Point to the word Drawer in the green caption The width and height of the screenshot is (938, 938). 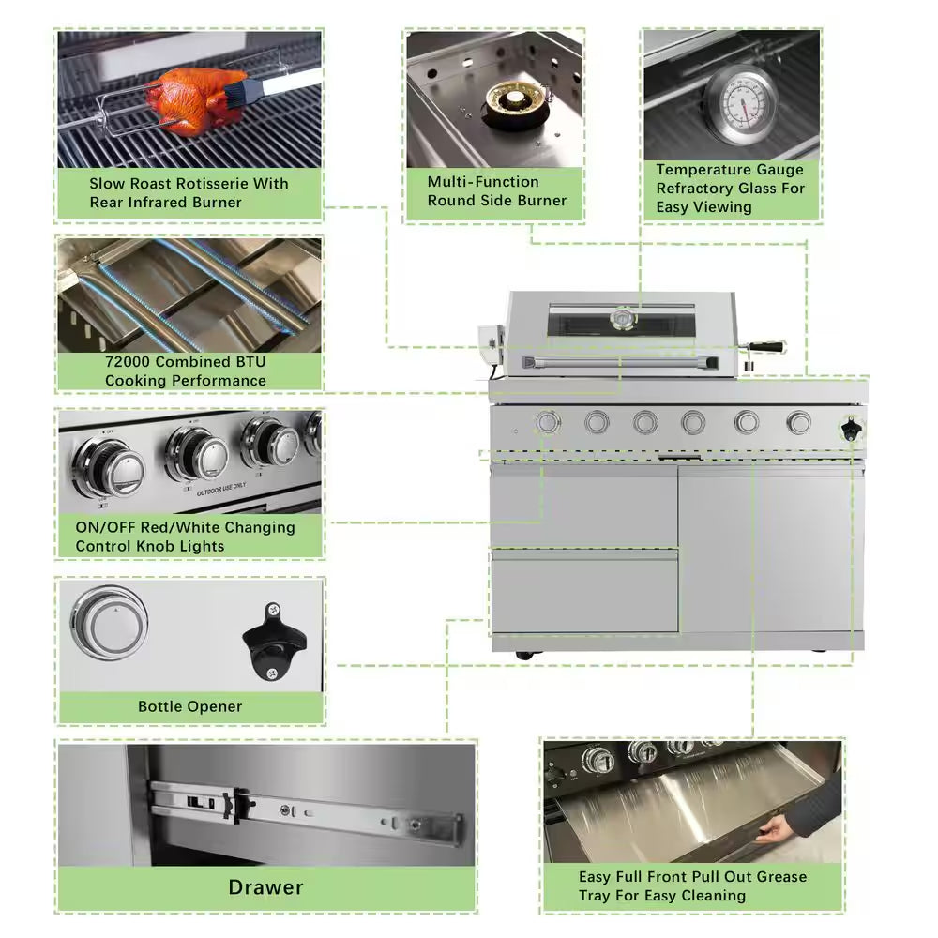point(266,887)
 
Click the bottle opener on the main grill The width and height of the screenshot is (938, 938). point(850,429)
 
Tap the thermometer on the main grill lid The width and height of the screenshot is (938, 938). point(622,319)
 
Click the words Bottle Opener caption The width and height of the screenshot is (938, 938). point(190,706)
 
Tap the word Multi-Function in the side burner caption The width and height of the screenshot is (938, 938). point(483,182)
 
